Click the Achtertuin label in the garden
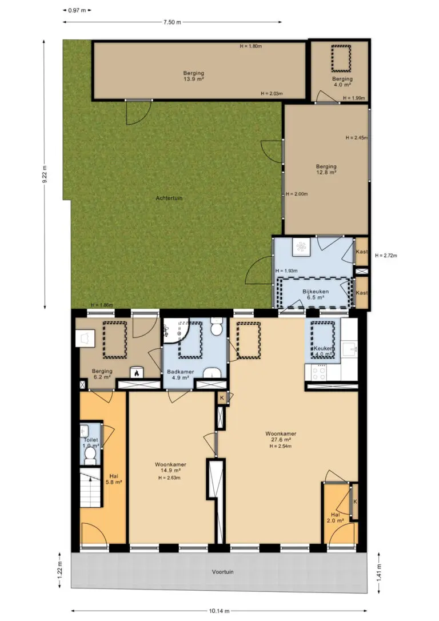(x=169, y=198)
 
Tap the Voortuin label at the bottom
(x=222, y=572)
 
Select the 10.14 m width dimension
(x=219, y=611)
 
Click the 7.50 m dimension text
(x=172, y=22)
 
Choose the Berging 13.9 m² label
(x=194, y=76)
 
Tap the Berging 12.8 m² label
(x=326, y=169)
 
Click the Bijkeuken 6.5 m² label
(x=316, y=294)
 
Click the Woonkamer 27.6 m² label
(x=281, y=436)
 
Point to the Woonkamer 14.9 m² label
(x=170, y=467)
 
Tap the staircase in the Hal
(x=91, y=488)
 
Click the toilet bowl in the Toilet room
(x=91, y=455)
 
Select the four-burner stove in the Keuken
(x=320, y=372)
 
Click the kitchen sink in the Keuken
(x=350, y=349)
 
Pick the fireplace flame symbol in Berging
(x=137, y=373)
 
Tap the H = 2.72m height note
(x=386, y=256)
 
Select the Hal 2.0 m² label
(x=336, y=517)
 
